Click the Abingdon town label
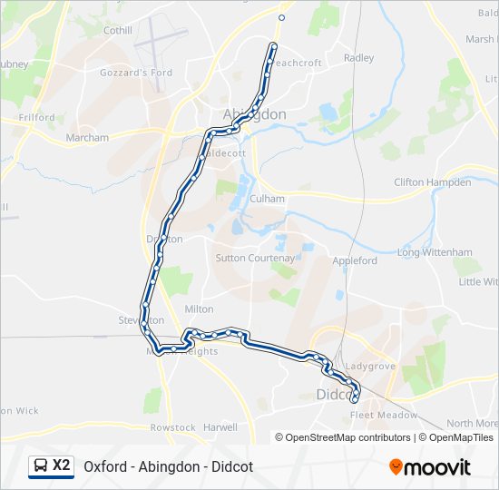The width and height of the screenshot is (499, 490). click(254, 114)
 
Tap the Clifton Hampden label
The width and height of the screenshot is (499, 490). click(433, 182)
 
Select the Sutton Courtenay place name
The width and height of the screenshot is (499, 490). click(255, 258)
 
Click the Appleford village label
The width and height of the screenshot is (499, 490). click(355, 260)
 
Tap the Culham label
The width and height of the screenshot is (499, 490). click(269, 199)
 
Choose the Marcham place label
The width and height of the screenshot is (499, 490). click(87, 138)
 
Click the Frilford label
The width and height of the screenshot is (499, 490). click(35, 118)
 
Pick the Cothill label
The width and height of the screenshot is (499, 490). click(117, 30)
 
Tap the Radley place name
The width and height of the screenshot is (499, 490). click(358, 58)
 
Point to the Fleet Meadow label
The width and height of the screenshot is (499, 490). click(384, 416)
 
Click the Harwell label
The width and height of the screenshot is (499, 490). click(220, 427)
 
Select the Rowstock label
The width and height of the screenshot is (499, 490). click(172, 427)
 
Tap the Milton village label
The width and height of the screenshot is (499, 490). click(199, 309)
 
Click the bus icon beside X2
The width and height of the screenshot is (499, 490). click(41, 465)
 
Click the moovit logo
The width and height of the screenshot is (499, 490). click(430, 467)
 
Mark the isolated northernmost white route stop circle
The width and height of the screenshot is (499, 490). click(281, 17)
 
